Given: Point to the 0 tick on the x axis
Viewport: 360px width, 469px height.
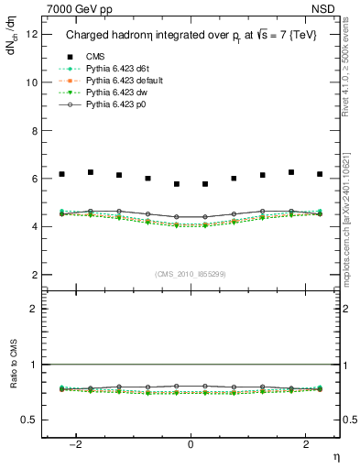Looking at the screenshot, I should point(191,444).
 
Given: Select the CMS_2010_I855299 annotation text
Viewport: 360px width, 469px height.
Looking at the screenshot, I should point(191,274).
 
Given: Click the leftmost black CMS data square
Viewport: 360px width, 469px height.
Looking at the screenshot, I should point(61,174).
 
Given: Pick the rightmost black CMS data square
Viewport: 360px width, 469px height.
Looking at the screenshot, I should point(320,174).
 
